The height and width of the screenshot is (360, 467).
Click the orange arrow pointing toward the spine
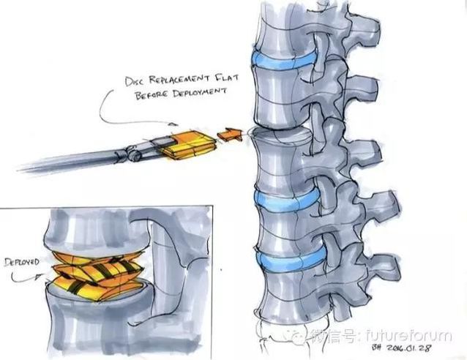pos(230,135)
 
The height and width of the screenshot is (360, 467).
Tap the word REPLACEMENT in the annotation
pos(179,79)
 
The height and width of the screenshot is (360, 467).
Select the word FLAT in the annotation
pos(227,78)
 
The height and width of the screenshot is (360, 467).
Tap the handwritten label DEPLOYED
pos(22,263)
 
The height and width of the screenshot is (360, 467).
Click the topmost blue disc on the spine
pos(283,61)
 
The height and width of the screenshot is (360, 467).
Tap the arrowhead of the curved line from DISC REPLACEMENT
pos(173,124)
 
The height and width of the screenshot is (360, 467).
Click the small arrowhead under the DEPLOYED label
pos(37,277)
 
